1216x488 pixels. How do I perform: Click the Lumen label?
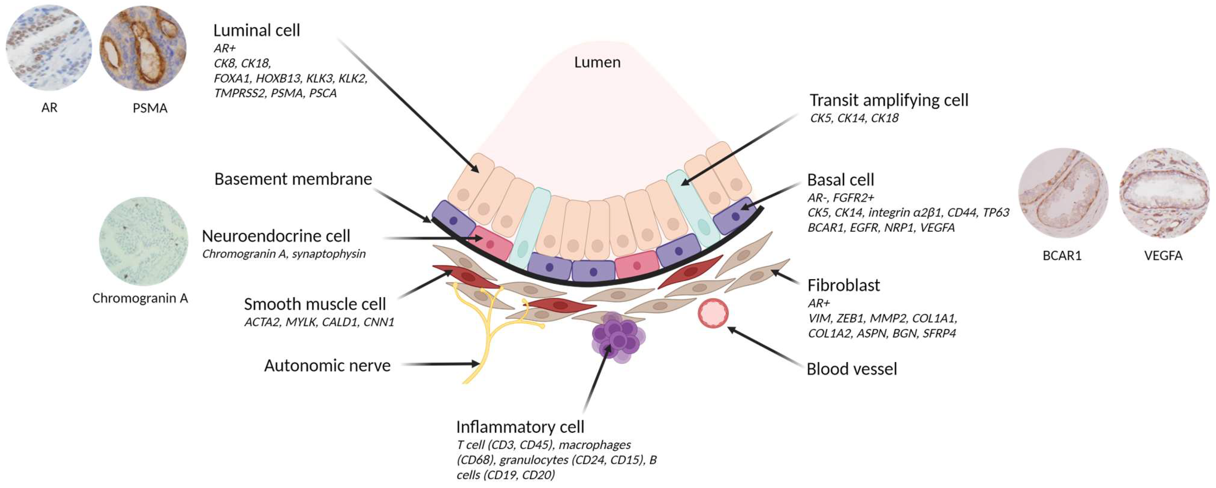click(597, 62)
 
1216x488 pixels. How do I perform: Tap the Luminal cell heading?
click(256, 31)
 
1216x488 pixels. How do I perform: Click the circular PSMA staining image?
click(143, 48)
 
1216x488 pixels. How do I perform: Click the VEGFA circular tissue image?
click(1164, 193)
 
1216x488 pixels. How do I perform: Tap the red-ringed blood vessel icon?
click(713, 314)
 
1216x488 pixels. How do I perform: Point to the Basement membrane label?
click(293, 179)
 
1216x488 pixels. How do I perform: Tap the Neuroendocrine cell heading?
click(276, 236)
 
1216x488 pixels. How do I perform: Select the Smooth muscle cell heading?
click(314, 304)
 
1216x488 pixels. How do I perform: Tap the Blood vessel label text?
click(851, 369)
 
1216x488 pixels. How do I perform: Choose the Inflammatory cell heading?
click(520, 427)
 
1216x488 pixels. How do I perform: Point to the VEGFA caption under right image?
click(1163, 256)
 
